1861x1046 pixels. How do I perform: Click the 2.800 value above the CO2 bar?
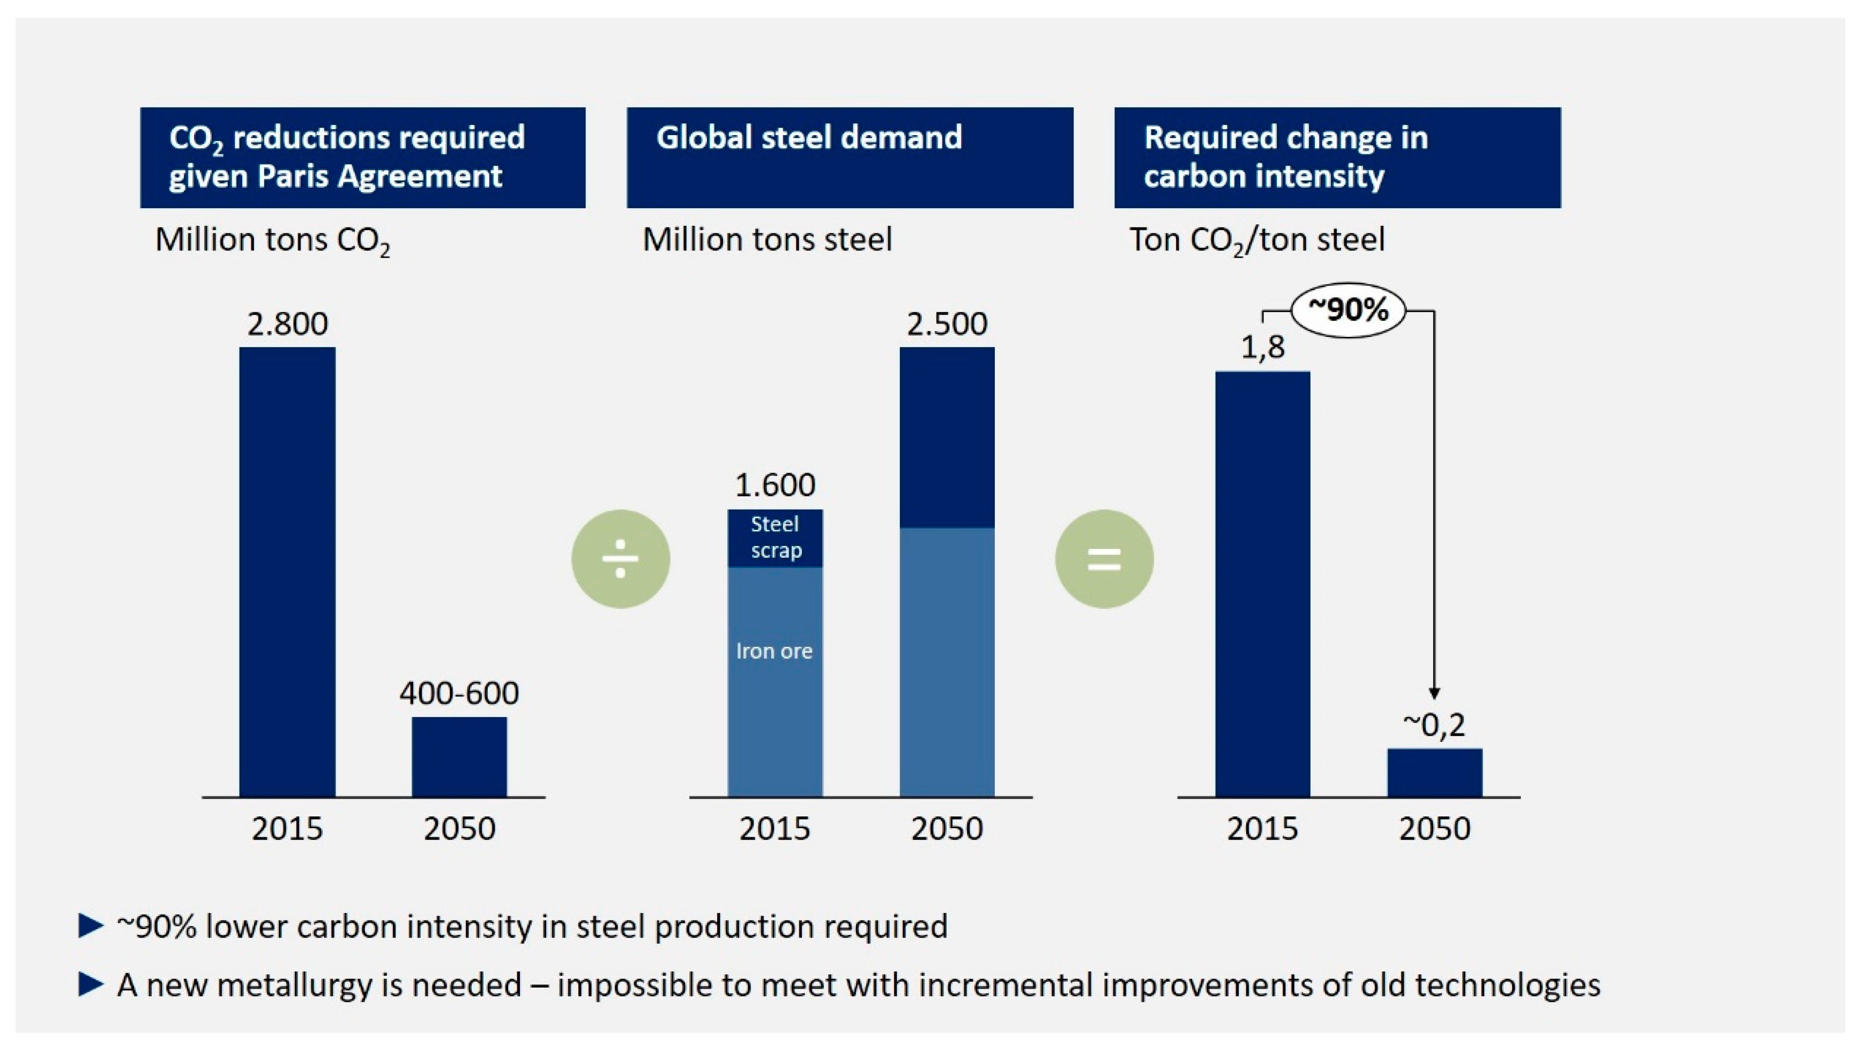point(287,324)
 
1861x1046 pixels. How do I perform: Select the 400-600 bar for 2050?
point(459,757)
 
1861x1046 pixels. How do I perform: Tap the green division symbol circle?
point(621,559)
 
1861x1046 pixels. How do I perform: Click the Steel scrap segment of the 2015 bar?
point(775,538)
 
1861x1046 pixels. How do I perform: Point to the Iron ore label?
point(775,651)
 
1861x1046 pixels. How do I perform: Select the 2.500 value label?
point(947,324)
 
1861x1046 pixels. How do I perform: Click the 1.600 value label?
point(775,485)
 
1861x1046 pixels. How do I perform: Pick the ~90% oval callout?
point(1348,310)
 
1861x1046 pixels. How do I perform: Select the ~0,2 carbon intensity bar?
point(1435,773)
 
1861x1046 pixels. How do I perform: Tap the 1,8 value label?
point(1263,348)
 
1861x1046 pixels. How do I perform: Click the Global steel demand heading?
point(809,137)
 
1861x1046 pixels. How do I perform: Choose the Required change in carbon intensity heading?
point(1286,157)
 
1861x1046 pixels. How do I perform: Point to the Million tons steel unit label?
point(767,239)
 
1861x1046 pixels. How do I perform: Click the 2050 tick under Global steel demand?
point(947,828)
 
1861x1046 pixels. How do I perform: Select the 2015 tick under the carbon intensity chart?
point(1263,828)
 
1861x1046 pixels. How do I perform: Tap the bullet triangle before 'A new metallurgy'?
point(90,984)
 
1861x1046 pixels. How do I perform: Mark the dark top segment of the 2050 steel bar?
point(947,437)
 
